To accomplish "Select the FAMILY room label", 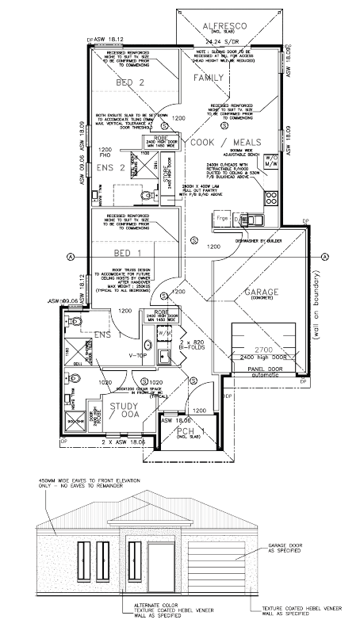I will pyautogui.click(x=209, y=78).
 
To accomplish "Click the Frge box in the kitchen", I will pyautogui.click(x=223, y=216).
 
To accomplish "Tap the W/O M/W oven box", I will pyautogui.click(x=271, y=159).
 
